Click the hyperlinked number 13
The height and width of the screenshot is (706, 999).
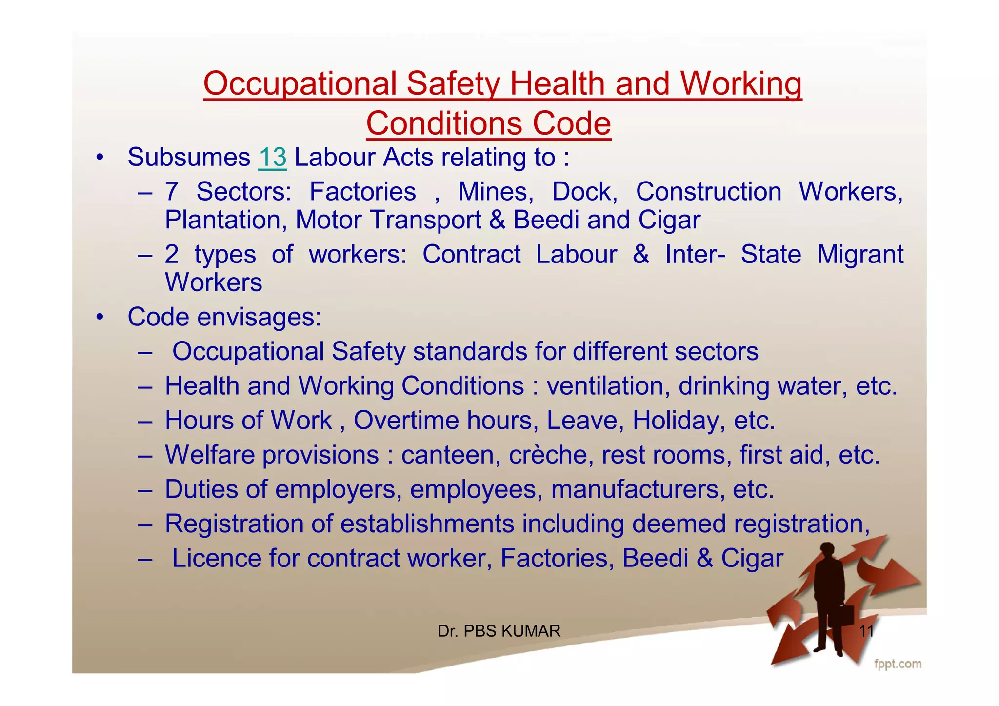click(x=272, y=158)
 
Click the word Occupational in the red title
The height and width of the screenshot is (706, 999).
click(x=300, y=84)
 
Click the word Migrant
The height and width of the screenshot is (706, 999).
click(x=860, y=255)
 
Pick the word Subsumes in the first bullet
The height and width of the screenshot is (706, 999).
click(x=189, y=158)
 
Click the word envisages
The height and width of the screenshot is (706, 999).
click(x=259, y=317)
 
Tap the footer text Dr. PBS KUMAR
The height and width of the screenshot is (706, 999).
click(x=499, y=631)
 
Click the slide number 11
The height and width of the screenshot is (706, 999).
click(x=866, y=631)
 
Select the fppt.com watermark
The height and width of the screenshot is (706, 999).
click(x=897, y=664)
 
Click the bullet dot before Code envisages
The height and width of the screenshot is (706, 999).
click(x=100, y=317)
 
